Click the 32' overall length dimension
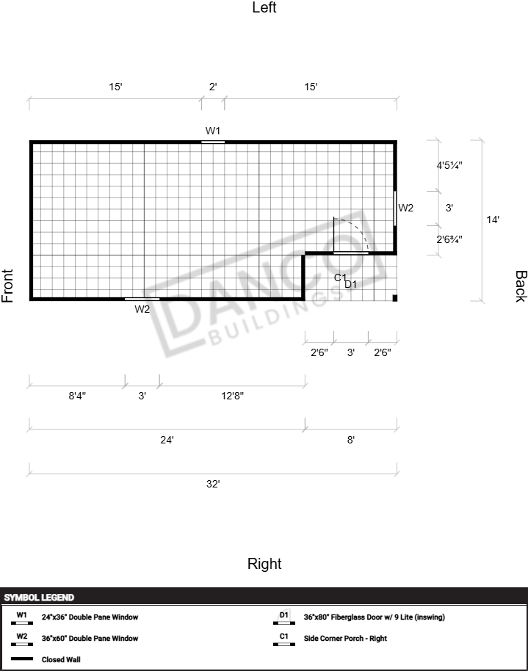click(x=213, y=484)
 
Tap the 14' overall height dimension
click(x=493, y=220)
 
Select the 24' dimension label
click(x=167, y=440)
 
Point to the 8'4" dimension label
click(x=77, y=396)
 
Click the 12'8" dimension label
click(x=232, y=396)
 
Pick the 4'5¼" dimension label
click(x=449, y=165)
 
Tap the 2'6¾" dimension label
click(x=449, y=239)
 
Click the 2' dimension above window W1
click(x=213, y=87)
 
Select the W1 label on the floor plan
click(x=213, y=131)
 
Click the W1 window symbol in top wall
click(x=213, y=142)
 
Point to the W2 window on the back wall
click(x=395, y=208)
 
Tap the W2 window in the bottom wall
click(x=142, y=299)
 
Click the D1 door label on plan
click(x=351, y=284)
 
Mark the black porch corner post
click(x=395, y=298)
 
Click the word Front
click(x=7, y=286)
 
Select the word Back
click(x=521, y=286)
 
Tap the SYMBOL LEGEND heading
click(x=39, y=598)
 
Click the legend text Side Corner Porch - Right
click(x=345, y=639)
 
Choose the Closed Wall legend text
click(x=61, y=659)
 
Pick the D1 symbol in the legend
click(x=284, y=617)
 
